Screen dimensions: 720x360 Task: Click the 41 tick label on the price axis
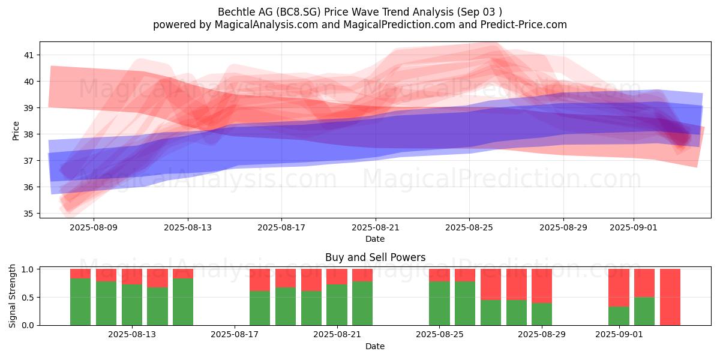click(29, 55)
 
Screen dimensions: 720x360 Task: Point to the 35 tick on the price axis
click(29, 214)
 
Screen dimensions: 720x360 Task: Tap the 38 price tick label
click(29, 134)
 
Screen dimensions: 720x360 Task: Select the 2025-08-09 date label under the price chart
click(94, 227)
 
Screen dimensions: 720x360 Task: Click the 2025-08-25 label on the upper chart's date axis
click(469, 227)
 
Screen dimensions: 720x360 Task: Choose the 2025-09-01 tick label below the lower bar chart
click(619, 334)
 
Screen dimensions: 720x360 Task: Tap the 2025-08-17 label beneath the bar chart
click(235, 334)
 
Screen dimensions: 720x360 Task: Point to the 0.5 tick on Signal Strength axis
click(28, 298)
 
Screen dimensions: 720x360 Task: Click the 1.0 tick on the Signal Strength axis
click(28, 269)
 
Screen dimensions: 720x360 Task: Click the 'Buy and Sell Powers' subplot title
click(375, 257)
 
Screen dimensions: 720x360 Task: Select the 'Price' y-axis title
click(16, 131)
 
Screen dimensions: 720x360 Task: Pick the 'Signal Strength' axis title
click(12, 296)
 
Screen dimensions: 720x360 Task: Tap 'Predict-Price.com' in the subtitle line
click(524, 25)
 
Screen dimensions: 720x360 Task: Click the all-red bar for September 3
click(670, 297)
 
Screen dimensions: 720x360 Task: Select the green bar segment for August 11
click(80, 302)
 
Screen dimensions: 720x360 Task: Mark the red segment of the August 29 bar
click(542, 286)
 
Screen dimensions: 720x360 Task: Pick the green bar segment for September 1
click(619, 316)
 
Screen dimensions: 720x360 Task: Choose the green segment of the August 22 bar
click(362, 304)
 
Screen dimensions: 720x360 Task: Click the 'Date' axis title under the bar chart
click(375, 346)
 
